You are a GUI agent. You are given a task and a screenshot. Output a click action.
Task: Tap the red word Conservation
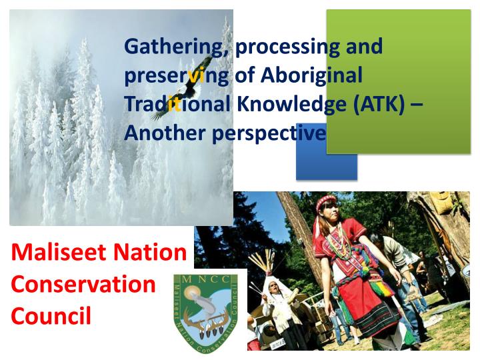[x=83, y=283]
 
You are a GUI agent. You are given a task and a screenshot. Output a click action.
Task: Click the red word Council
[x=51, y=315]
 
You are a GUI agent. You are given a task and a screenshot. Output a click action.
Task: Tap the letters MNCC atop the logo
[x=206, y=278]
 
